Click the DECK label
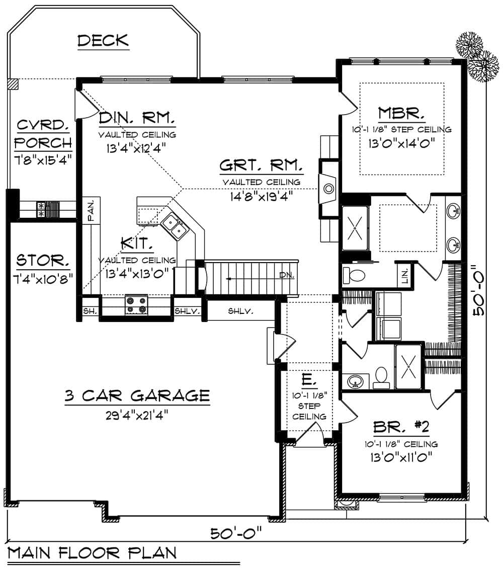tap(103, 40)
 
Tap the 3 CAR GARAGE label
tap(136, 395)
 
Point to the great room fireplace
tap(328, 189)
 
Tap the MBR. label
tap(401, 112)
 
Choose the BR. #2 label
tap(401, 428)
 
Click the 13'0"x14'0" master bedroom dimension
tap(401, 142)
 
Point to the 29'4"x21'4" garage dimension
tap(136, 415)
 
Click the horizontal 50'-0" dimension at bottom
tap(236, 532)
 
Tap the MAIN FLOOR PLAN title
tap(92, 553)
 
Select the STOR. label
tap(43, 261)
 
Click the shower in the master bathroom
tap(355, 228)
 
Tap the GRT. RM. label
tap(261, 166)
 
